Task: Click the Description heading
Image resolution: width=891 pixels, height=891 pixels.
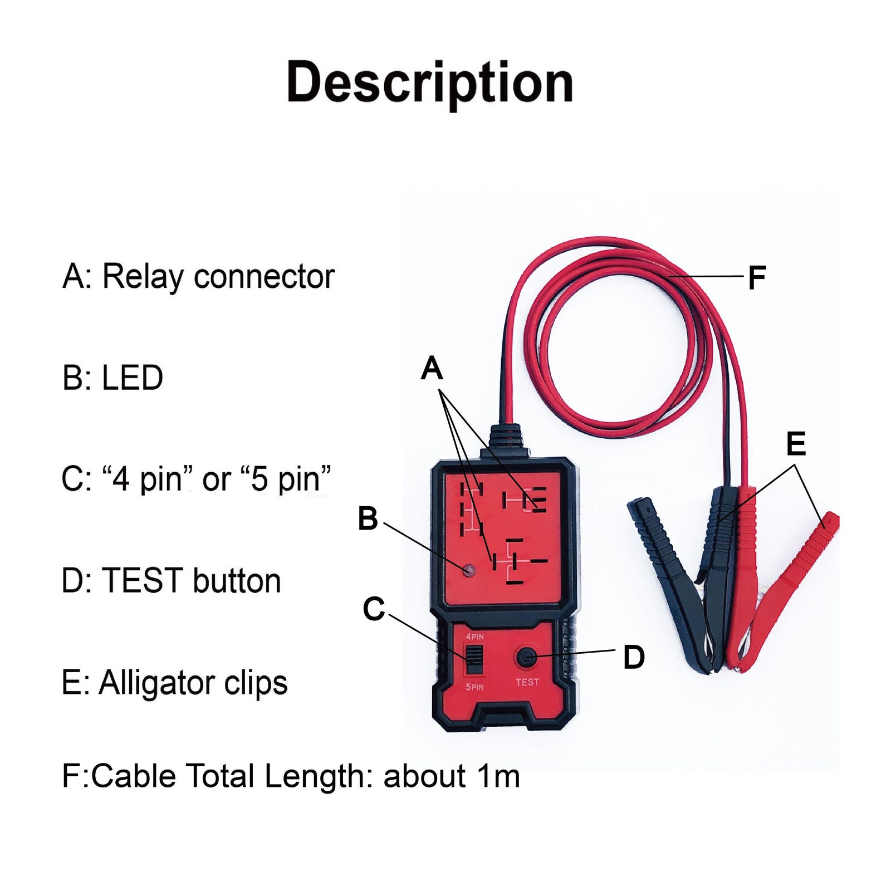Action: pyautogui.click(x=429, y=84)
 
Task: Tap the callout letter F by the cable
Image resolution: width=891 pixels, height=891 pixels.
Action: pyautogui.click(x=757, y=277)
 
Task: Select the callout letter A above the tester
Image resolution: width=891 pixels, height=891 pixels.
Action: pyautogui.click(x=432, y=369)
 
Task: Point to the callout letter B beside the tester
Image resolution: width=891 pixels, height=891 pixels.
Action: pyautogui.click(x=368, y=518)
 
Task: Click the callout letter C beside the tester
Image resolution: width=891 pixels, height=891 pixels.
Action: pyautogui.click(x=374, y=609)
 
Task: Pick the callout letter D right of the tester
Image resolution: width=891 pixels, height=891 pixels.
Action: pyautogui.click(x=634, y=657)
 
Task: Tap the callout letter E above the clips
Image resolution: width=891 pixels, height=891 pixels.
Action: pyautogui.click(x=796, y=444)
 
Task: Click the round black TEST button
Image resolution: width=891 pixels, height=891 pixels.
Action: pyautogui.click(x=526, y=658)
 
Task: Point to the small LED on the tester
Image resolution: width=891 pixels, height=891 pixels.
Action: pyautogui.click(x=469, y=570)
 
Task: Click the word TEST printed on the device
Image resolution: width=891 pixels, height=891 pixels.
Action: pyautogui.click(x=527, y=682)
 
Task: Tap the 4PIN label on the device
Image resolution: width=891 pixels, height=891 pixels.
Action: pyautogui.click(x=474, y=637)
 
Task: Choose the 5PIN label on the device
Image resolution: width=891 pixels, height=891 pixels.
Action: pyautogui.click(x=474, y=687)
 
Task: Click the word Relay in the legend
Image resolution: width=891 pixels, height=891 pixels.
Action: pyautogui.click(x=143, y=277)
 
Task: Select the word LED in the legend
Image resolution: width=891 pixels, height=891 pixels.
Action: pyautogui.click(x=133, y=378)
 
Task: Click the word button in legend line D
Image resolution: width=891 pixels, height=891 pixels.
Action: pyautogui.click(x=237, y=581)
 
